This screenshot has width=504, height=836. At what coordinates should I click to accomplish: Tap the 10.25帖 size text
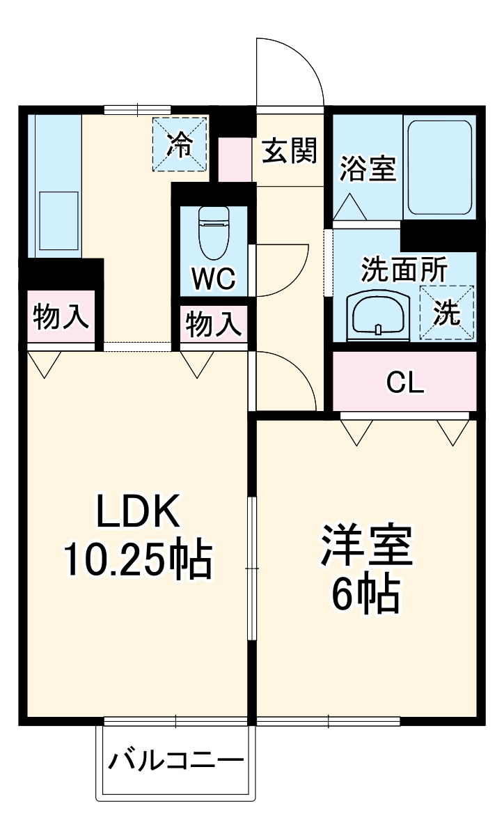138,559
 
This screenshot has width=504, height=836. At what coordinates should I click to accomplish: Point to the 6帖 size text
366,594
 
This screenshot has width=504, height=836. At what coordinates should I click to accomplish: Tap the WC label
214,279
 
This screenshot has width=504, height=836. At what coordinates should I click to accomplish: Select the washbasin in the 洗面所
377,315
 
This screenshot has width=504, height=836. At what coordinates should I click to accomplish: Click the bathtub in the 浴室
440,167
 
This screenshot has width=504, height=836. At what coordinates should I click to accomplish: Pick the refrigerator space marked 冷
180,144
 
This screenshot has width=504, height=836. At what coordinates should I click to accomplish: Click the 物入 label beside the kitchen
61,318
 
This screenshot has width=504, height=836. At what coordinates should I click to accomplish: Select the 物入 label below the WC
214,325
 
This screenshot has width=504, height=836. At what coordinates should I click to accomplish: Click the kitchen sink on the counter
56,215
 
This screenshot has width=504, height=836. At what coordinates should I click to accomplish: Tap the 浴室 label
368,169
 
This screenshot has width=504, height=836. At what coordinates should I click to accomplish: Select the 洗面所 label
404,270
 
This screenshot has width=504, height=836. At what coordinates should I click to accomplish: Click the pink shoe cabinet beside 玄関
235,160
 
